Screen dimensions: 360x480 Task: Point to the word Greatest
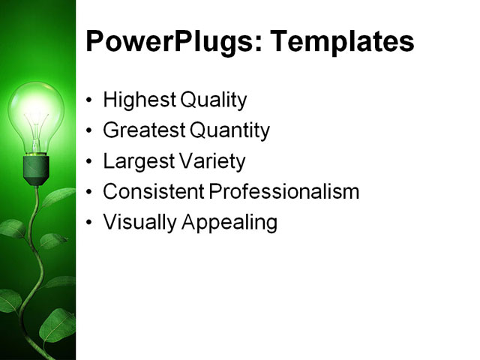tap(143, 130)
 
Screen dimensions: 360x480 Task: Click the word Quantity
tap(229, 130)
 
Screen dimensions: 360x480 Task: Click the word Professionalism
tap(284, 191)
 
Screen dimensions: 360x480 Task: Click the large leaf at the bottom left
tap(56, 326)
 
